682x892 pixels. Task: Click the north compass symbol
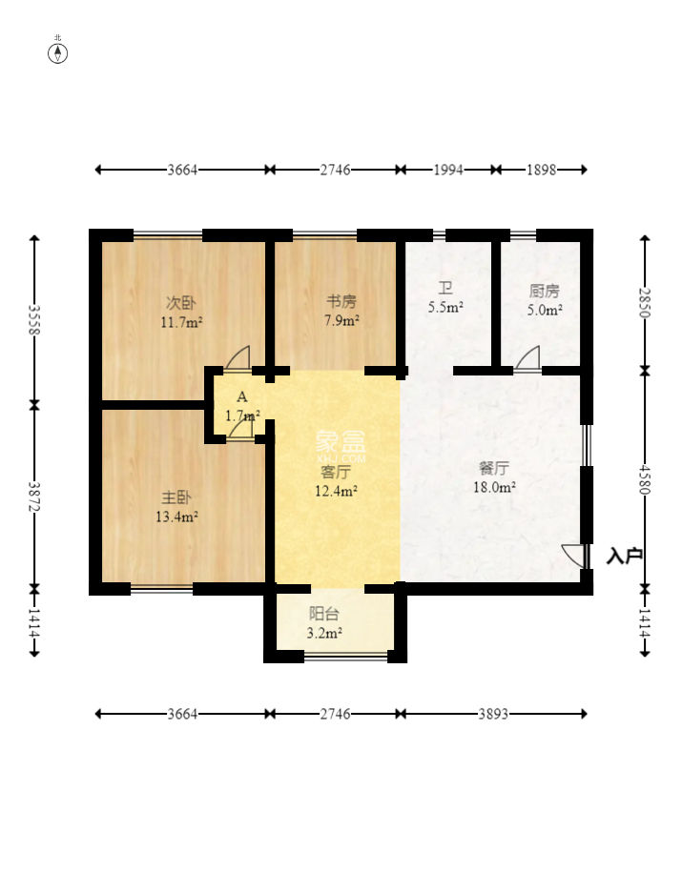tap(57, 53)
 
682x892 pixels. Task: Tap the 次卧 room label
tap(181, 303)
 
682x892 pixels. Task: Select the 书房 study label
tap(341, 301)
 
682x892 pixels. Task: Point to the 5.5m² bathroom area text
tap(445, 307)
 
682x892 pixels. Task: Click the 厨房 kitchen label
tap(545, 292)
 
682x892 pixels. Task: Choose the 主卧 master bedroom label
tap(176, 497)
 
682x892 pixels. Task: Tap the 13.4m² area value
tap(176, 517)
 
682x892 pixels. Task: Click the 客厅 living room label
tap(336, 472)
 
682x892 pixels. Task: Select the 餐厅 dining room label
tap(494, 468)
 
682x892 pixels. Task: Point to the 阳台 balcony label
tap(324, 614)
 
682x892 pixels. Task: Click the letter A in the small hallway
tap(242, 396)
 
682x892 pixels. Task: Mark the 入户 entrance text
tap(624, 556)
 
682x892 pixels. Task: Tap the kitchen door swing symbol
tap(527, 358)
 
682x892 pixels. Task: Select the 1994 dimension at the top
tap(448, 170)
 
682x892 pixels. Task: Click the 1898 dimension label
tap(541, 170)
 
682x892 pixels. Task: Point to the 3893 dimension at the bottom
tap(493, 714)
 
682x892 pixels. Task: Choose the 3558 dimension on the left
tap(34, 319)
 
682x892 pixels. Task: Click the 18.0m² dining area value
tap(494, 487)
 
